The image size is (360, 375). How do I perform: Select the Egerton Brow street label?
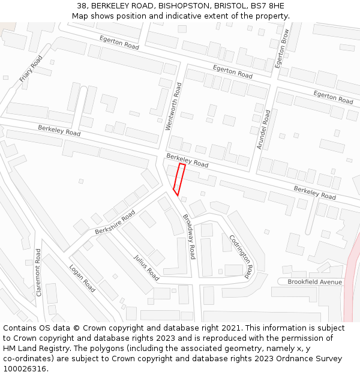pyautogui.click(x=282, y=47)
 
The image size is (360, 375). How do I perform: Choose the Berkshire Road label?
pyautogui.click(x=115, y=223)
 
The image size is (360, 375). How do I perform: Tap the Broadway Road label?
pyautogui.click(x=189, y=236)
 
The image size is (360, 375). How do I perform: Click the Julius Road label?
pyautogui.click(x=146, y=268)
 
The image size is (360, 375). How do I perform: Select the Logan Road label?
pyautogui.click(x=82, y=278)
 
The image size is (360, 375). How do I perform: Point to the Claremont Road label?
pyautogui.click(x=38, y=272)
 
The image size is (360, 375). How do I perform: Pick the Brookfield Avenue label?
pyautogui.click(x=314, y=282)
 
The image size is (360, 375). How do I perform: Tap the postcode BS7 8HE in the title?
pyautogui.click(x=268, y=6)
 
